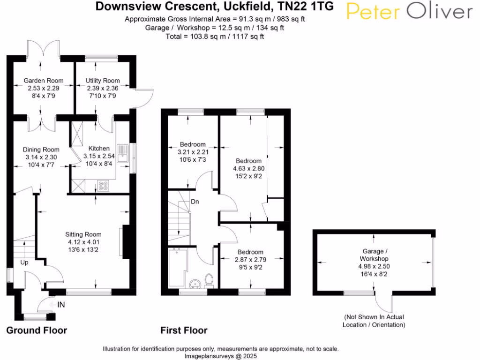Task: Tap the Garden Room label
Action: [x=44, y=81]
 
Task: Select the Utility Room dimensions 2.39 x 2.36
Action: [x=102, y=88]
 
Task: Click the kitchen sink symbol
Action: [x=123, y=153]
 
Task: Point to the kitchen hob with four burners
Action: [x=103, y=186]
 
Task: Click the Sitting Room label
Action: [x=83, y=234]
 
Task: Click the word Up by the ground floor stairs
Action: [x=24, y=262]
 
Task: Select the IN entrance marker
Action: [x=61, y=305]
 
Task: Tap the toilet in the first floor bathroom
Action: [x=209, y=280]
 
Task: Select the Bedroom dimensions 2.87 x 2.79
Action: [x=250, y=260]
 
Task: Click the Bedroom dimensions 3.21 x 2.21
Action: [x=193, y=152]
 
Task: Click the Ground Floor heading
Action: [x=37, y=330]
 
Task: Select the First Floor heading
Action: [x=184, y=330]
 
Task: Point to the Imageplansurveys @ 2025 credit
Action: [x=220, y=356]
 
